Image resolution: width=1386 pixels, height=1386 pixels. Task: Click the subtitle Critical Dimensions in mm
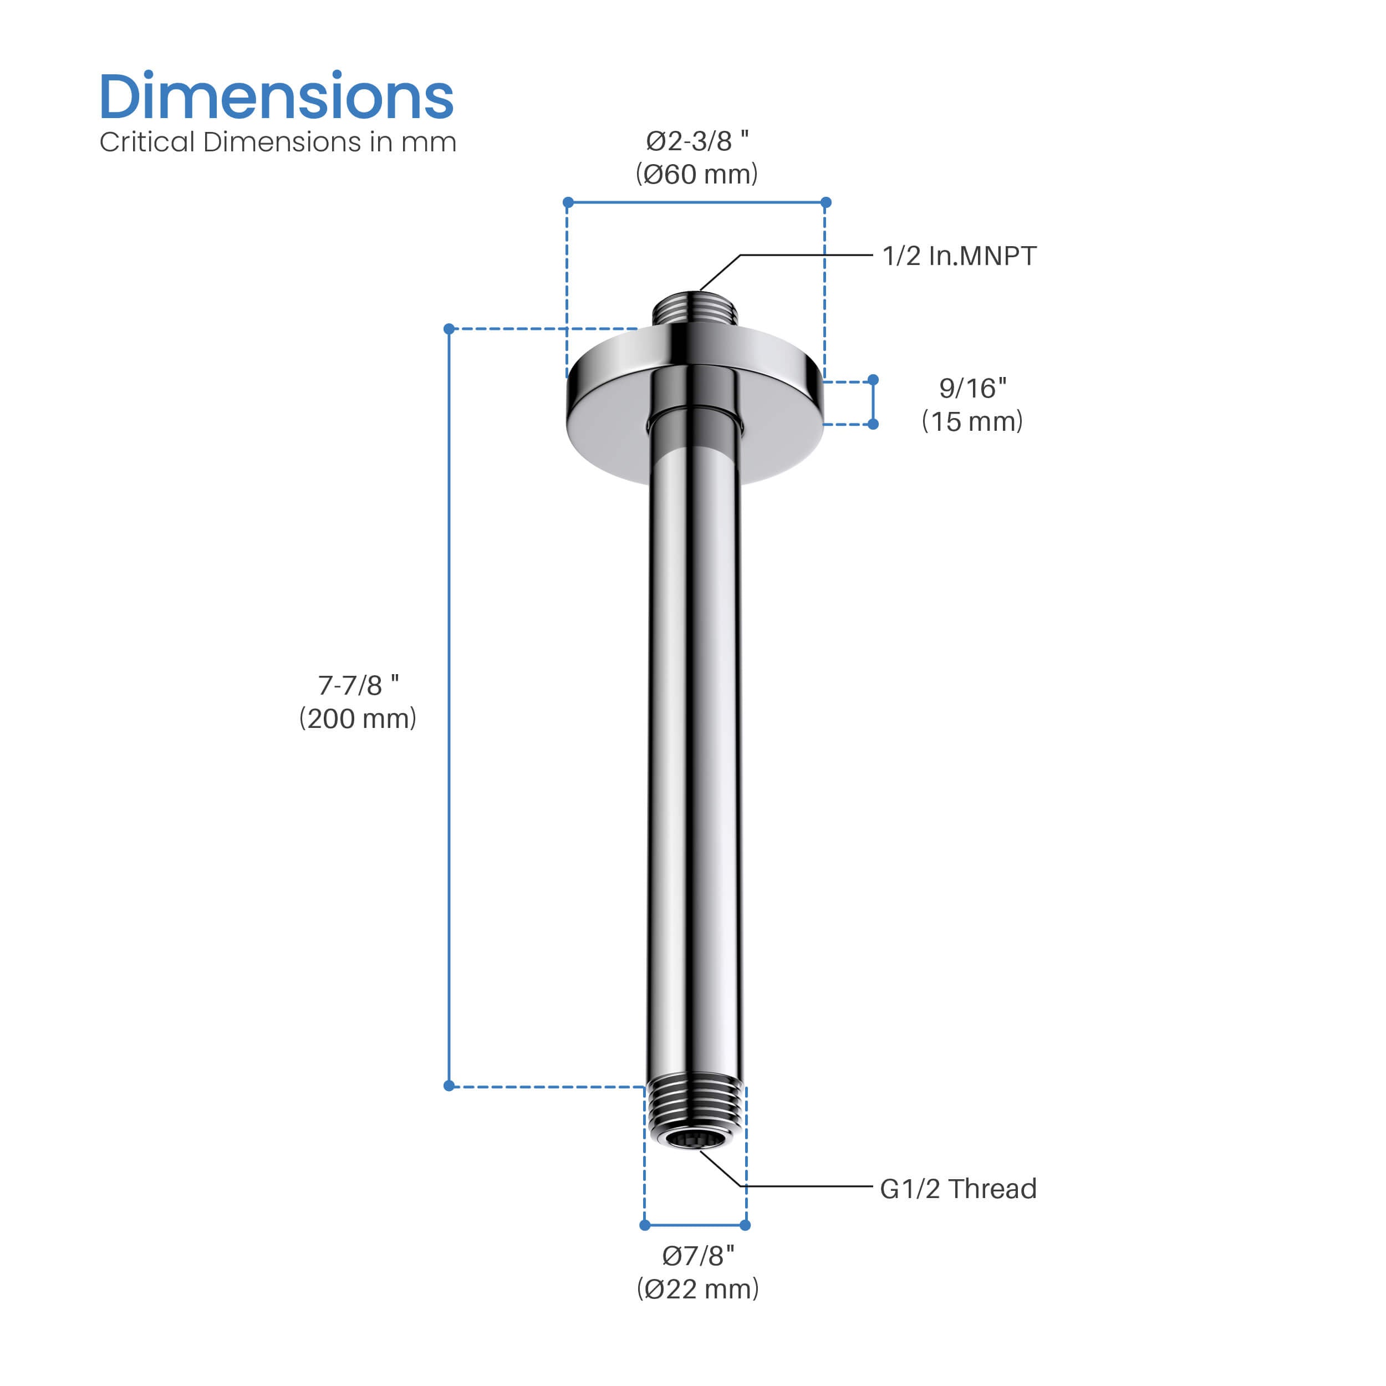point(278,142)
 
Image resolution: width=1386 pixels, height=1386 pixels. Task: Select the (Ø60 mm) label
point(696,174)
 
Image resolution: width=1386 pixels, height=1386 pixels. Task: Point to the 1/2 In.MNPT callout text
point(959,256)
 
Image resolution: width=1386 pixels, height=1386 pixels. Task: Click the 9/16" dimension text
point(973,388)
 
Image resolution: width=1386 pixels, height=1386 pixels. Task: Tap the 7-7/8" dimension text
point(358,685)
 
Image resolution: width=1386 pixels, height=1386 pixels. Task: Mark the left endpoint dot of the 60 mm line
point(568,202)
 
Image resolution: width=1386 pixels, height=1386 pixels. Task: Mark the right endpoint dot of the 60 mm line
point(826,202)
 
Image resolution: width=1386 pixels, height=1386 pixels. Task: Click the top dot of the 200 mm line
point(449,329)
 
